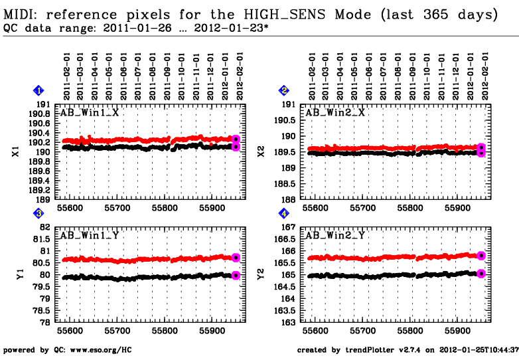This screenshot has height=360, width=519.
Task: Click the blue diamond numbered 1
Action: [39, 90]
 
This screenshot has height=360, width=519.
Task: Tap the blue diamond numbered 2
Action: [284, 90]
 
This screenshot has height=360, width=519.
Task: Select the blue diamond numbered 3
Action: [39, 213]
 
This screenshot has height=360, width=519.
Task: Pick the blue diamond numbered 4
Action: [284, 213]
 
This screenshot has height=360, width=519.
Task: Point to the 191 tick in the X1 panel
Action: [42, 104]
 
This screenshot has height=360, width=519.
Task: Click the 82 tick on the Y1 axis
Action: [45, 227]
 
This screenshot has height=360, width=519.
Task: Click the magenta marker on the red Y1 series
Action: [236, 258]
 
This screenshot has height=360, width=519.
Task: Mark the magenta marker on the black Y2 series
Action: [481, 273]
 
